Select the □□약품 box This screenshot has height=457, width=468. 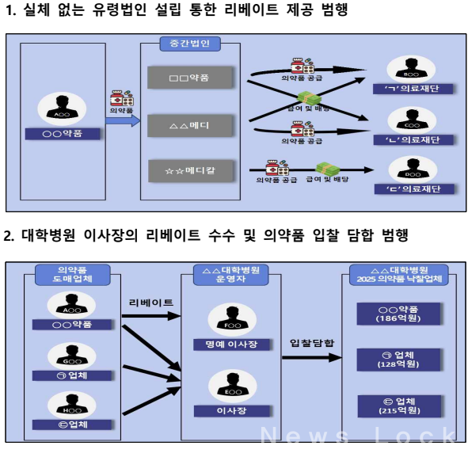pos(189,77)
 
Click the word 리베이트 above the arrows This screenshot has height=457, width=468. pos(151,303)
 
